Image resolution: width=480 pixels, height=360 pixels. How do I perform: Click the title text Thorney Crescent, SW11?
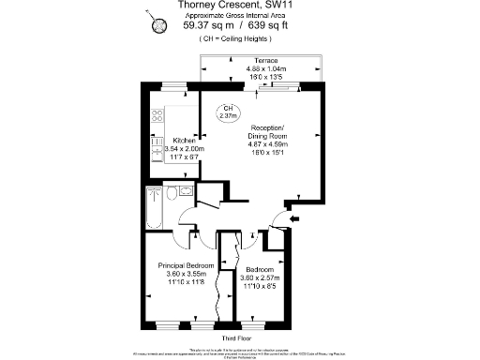239,6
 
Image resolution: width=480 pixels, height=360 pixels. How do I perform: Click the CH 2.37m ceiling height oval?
226,112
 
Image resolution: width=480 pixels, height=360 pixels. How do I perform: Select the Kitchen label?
171,141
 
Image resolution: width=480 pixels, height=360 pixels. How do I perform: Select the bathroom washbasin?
188,191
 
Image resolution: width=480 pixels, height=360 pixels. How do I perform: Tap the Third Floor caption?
239,337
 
